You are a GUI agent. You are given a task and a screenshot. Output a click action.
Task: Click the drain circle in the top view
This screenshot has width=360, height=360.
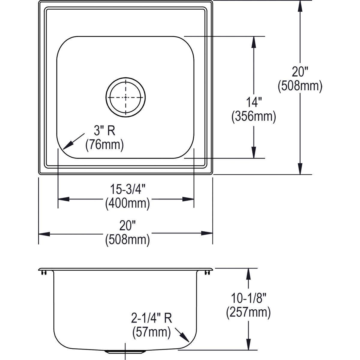click(125, 97)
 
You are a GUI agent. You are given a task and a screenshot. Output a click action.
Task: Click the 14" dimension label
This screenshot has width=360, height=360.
click(253, 103)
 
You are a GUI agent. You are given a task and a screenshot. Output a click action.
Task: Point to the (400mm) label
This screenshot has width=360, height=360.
click(127, 203)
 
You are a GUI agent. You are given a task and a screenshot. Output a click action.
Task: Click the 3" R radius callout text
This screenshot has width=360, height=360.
click(104, 131)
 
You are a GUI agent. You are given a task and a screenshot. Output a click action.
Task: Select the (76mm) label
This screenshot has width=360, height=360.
click(104, 145)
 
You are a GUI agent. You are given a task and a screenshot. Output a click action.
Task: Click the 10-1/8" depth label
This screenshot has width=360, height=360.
click(248, 299)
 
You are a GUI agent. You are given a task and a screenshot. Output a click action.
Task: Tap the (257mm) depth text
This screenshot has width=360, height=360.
click(248, 313)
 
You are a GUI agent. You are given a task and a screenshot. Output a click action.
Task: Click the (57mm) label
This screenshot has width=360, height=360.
click(151, 332)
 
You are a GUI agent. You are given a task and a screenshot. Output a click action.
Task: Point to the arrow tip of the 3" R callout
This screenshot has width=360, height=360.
click(64, 149)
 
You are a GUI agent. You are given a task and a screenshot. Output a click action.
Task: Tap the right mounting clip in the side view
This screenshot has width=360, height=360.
click(206, 272)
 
